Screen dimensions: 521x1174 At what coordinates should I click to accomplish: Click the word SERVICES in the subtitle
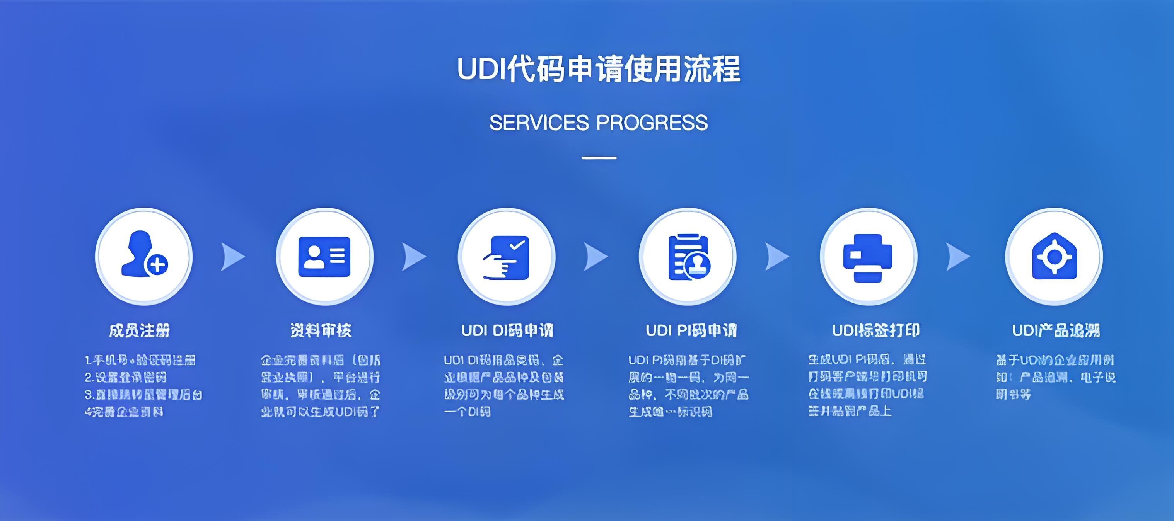pyautogui.click(x=539, y=123)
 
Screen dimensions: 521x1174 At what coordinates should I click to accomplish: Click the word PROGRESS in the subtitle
pyautogui.click(x=652, y=123)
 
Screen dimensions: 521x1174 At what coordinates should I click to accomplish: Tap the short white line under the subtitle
pyautogui.click(x=599, y=158)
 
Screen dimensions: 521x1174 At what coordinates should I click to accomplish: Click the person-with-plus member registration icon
pyautogui.click(x=143, y=256)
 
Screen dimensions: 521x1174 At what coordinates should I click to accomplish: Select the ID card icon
pyautogui.click(x=324, y=256)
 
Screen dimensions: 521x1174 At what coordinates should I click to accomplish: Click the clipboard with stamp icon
pyautogui.click(x=688, y=257)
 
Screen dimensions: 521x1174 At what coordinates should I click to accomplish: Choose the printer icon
pyautogui.click(x=868, y=257)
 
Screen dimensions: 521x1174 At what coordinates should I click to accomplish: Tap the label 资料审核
pyautogui.click(x=321, y=330)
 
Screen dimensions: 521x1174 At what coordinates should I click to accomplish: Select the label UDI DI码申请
pyautogui.click(x=507, y=330)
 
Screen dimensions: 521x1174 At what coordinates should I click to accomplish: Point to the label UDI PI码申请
pyautogui.click(x=691, y=330)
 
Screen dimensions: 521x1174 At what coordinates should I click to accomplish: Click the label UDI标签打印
pyautogui.click(x=875, y=330)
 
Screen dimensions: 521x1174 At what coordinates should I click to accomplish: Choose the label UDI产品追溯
pyautogui.click(x=1056, y=330)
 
